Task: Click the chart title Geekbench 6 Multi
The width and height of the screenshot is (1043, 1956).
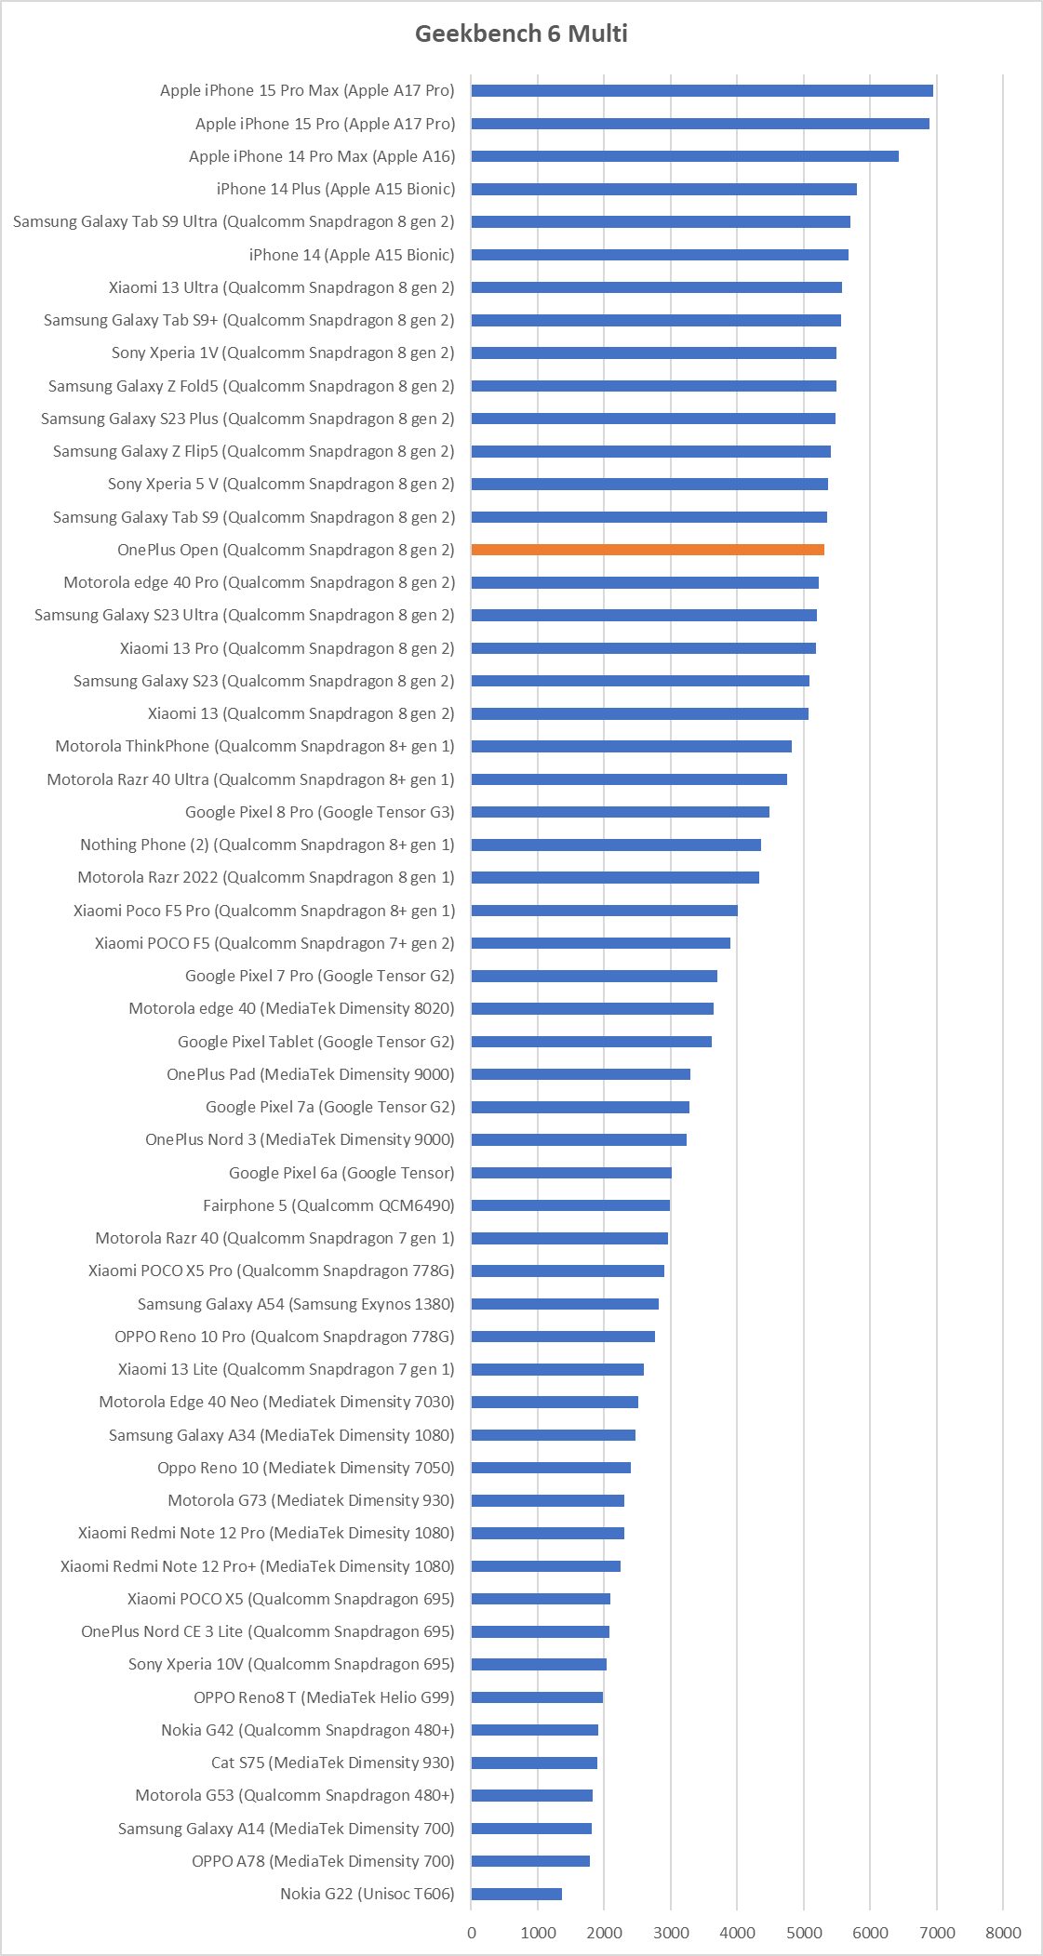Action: [x=521, y=33]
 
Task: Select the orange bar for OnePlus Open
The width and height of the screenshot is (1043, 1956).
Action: [x=648, y=550]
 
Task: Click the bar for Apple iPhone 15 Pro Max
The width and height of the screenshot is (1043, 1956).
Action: [x=702, y=90]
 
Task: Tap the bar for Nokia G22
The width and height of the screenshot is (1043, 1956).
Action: [x=516, y=1894]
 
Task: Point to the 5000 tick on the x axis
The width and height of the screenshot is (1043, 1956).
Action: [x=804, y=1933]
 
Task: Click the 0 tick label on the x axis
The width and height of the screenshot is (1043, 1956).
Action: [x=472, y=1933]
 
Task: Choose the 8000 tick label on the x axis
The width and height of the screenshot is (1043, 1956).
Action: [x=1003, y=1933]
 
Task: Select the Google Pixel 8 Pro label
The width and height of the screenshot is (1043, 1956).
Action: [x=319, y=812]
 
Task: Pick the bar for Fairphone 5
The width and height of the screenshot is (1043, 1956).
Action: [x=570, y=1205]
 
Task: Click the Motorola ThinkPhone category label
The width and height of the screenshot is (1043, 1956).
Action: [x=255, y=746]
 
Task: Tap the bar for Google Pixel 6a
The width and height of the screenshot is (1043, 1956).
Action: [x=571, y=1173]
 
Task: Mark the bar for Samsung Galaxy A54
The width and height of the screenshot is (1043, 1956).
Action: [x=565, y=1304]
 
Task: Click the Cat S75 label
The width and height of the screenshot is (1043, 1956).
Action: [x=332, y=1763]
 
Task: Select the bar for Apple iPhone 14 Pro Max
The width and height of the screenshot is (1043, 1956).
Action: [x=685, y=156]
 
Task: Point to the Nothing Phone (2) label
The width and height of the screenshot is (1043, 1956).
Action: [x=267, y=845]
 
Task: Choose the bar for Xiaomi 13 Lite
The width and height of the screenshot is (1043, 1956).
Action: [x=557, y=1369]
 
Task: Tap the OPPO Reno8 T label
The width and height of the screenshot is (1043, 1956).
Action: [x=324, y=1697]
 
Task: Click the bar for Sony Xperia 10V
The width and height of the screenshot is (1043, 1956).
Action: [x=539, y=1664]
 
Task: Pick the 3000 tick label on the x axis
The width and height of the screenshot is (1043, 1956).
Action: [x=671, y=1933]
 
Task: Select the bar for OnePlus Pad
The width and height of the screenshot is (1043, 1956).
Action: [x=581, y=1074]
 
